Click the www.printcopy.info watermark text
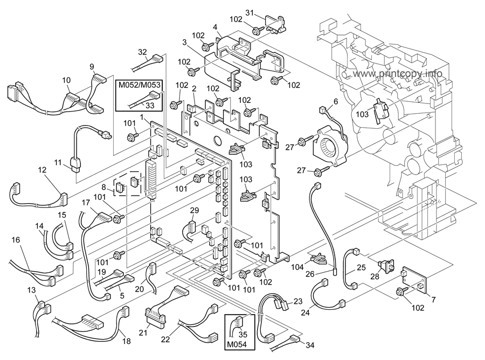click(x=398, y=74)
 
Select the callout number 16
click(x=16, y=239)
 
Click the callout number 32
click(x=142, y=52)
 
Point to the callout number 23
click(x=298, y=302)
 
